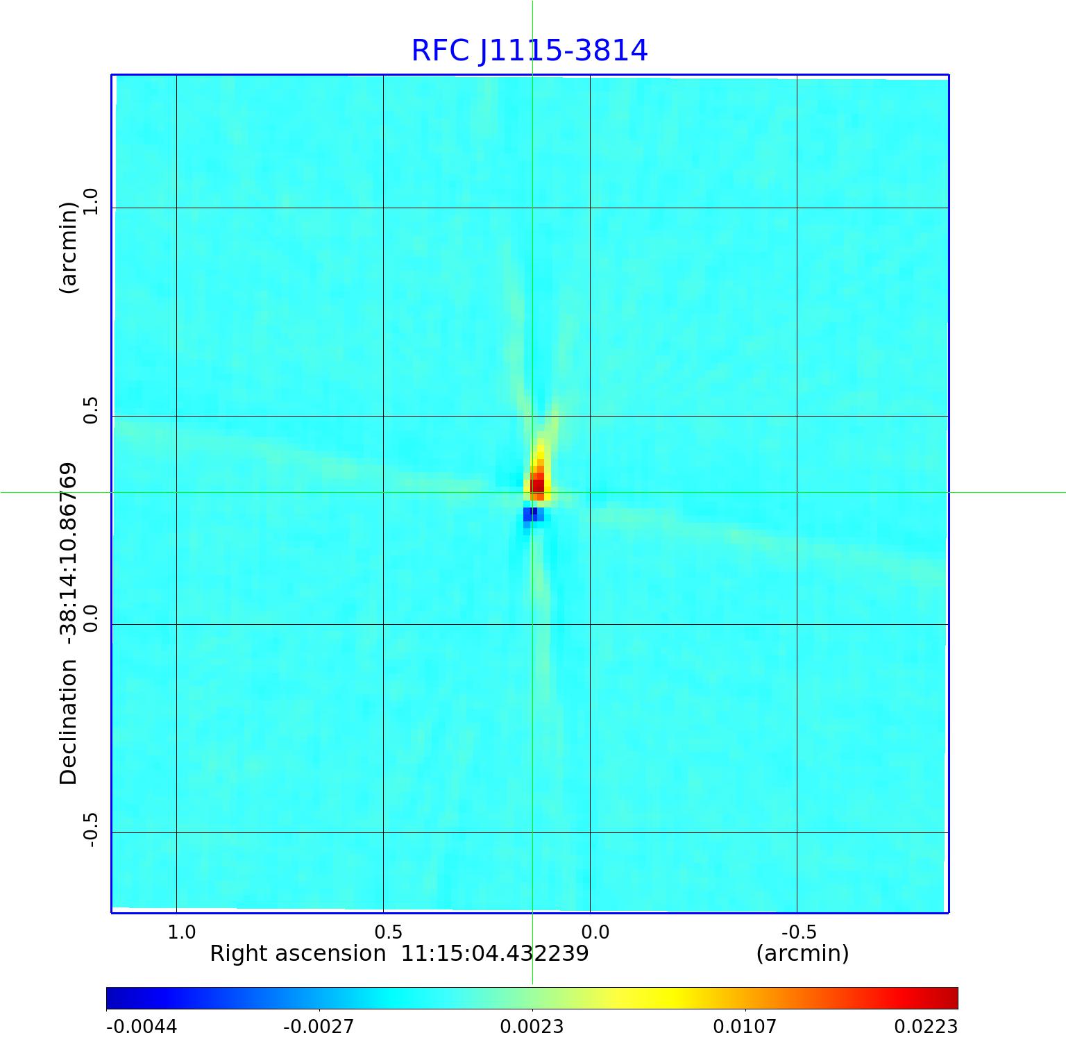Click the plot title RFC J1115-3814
(x=530, y=51)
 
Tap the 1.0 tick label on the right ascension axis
(x=182, y=932)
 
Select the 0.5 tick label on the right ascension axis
(x=389, y=932)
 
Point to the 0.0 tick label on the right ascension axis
(x=595, y=932)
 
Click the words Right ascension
(x=298, y=954)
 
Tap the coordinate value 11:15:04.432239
(x=495, y=954)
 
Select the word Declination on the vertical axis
(x=69, y=722)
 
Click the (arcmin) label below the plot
(x=802, y=954)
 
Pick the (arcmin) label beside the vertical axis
(x=69, y=248)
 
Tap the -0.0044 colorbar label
(x=142, y=1027)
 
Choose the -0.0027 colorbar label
(x=319, y=1027)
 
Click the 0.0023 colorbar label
(x=532, y=1027)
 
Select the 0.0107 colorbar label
(x=745, y=1027)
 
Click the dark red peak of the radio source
(x=537, y=485)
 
